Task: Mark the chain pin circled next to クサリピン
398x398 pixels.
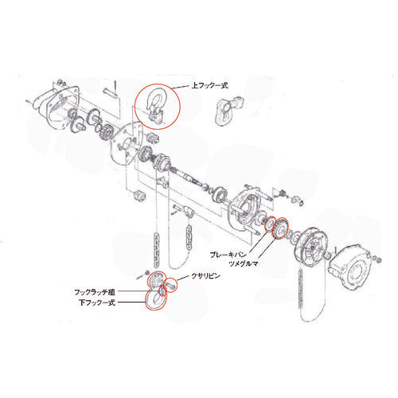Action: pos(170,281)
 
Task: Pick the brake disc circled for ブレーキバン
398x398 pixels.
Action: pos(271,223)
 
